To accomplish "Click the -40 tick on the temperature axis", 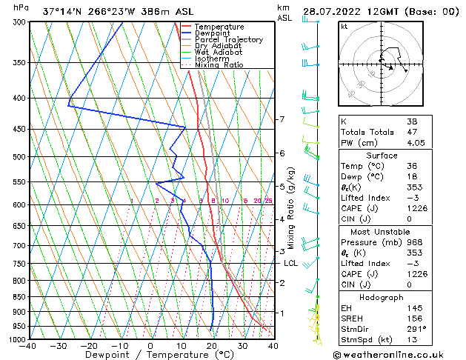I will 29,345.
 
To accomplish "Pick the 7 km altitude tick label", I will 282,119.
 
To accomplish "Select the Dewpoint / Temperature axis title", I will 150,355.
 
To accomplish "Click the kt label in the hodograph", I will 344,26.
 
